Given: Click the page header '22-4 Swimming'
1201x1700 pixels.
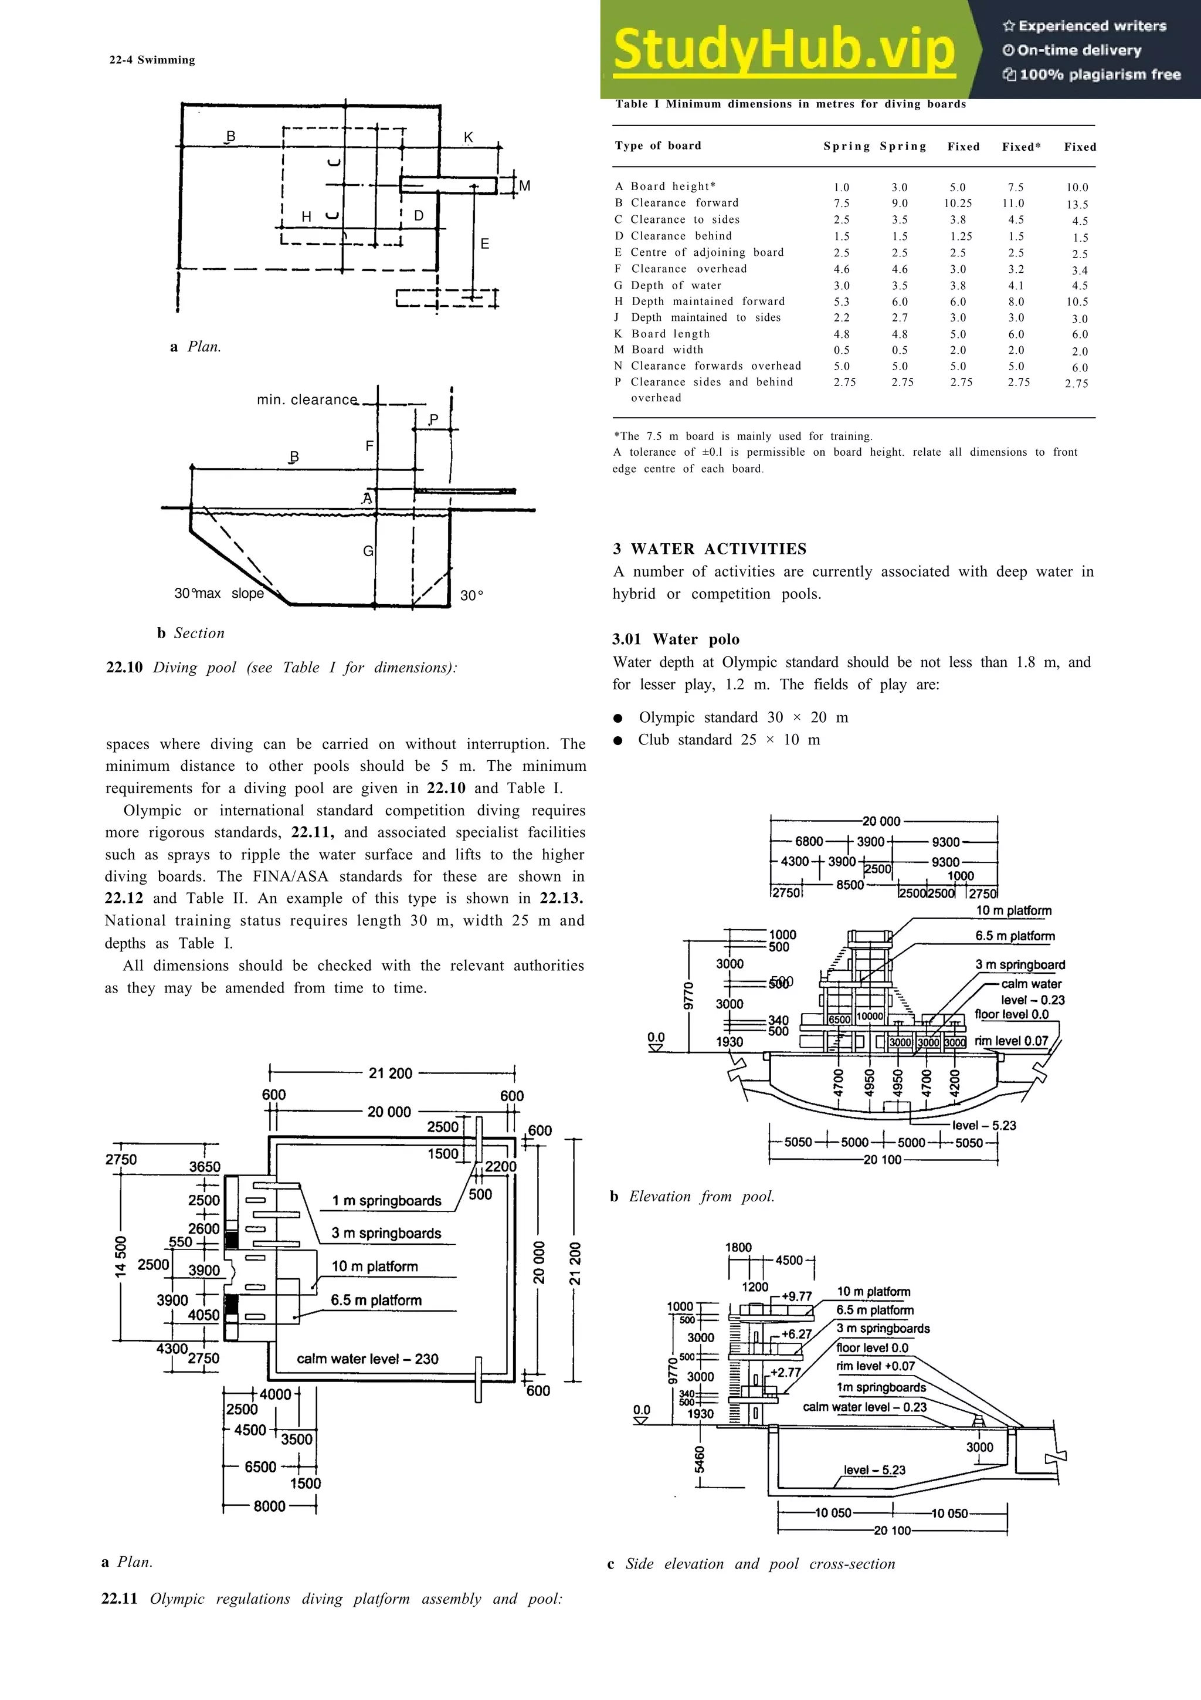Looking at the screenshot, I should pyautogui.click(x=152, y=60).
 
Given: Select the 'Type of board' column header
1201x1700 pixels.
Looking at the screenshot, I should pyautogui.click(x=657, y=146).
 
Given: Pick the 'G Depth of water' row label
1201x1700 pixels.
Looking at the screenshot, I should pyautogui.click(x=667, y=285).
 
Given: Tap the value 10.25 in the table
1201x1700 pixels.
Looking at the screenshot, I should pyautogui.click(x=958, y=204).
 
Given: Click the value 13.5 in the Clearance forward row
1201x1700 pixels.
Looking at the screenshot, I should pyautogui.click(x=1077, y=204).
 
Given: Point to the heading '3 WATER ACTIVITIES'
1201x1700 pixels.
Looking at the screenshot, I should pyautogui.click(x=709, y=548).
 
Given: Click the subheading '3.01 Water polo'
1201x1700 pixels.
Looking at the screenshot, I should pyautogui.click(x=675, y=639).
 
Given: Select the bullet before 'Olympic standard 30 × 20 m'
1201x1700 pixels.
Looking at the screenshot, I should pyautogui.click(x=618, y=718).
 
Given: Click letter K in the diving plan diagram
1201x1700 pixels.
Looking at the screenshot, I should pyautogui.click(x=467, y=138).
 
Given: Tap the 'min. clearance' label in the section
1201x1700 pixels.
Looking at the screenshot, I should pyautogui.click(x=306, y=400).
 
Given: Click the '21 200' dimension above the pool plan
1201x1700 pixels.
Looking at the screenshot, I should pyautogui.click(x=390, y=1073).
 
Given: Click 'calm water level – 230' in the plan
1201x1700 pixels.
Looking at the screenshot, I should pyautogui.click(x=367, y=1359).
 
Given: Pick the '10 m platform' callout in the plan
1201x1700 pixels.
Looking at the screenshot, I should pyautogui.click(x=375, y=1266).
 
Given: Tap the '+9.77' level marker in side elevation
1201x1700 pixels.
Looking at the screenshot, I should pyautogui.click(x=796, y=1296).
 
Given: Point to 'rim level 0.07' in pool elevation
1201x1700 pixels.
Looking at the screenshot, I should pyautogui.click(x=1011, y=1041).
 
